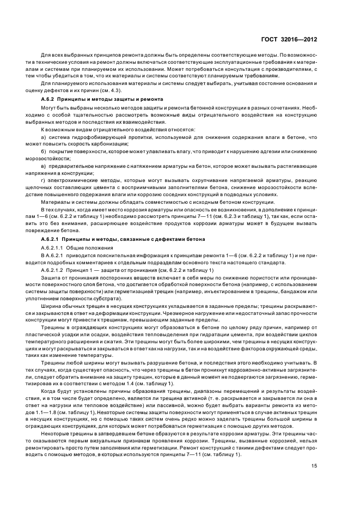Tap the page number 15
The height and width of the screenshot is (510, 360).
tap(314, 465)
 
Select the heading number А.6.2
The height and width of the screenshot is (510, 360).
tap(49, 99)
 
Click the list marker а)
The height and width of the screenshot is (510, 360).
tap(43, 137)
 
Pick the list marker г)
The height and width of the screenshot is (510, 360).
tap(42, 180)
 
